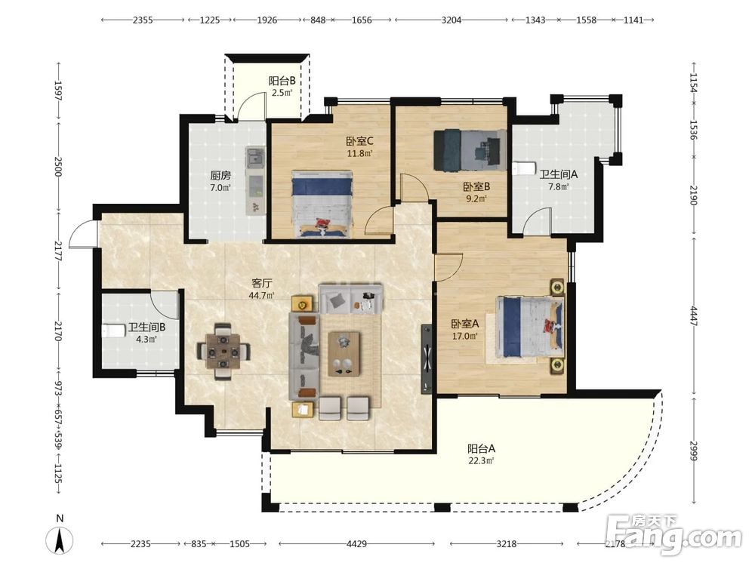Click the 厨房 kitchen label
click(x=220, y=175)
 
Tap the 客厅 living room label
click(x=261, y=284)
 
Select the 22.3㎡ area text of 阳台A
click(x=481, y=460)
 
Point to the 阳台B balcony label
click(x=282, y=81)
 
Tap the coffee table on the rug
click(x=344, y=353)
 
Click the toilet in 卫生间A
click(x=525, y=168)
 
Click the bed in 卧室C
click(x=322, y=204)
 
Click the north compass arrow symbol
click(x=60, y=540)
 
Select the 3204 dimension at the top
click(x=451, y=20)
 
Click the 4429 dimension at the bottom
click(x=356, y=544)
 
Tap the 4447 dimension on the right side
click(x=693, y=315)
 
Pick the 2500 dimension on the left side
click(x=58, y=166)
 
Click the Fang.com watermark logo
click(x=673, y=534)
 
